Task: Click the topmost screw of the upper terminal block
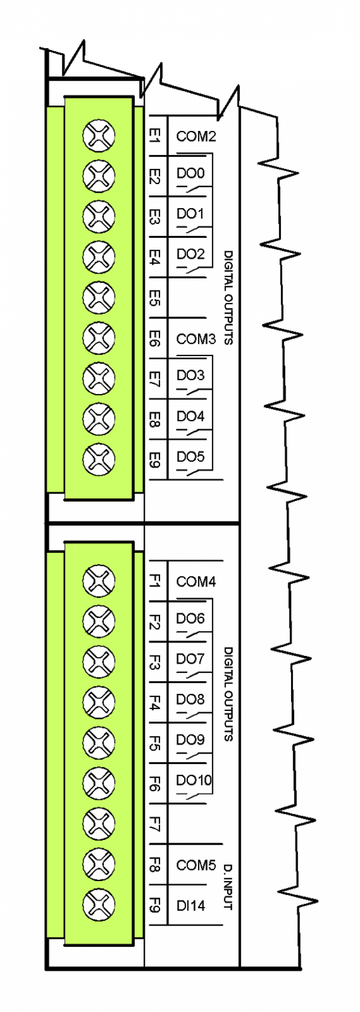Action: (99, 135)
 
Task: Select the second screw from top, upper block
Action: (99, 176)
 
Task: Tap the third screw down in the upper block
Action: (99, 216)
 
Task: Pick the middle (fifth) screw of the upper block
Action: (99, 297)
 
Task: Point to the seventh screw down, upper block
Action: (99, 378)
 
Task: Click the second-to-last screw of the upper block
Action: (99, 419)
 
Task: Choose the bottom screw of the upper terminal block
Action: (99, 459)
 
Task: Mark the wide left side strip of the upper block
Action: (55, 299)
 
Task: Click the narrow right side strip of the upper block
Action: (138, 299)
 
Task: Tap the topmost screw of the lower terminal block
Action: (99, 581)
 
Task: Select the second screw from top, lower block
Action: (99, 621)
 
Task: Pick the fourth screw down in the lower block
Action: (99, 702)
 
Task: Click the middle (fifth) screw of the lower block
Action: (99, 742)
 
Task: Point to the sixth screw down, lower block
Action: (99, 783)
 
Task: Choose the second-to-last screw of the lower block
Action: (99, 864)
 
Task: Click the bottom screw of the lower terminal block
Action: (99, 905)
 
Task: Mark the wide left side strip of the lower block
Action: (55, 745)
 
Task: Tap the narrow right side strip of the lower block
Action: (138, 745)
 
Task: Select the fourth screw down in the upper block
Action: (99, 257)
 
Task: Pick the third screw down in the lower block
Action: (99, 662)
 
